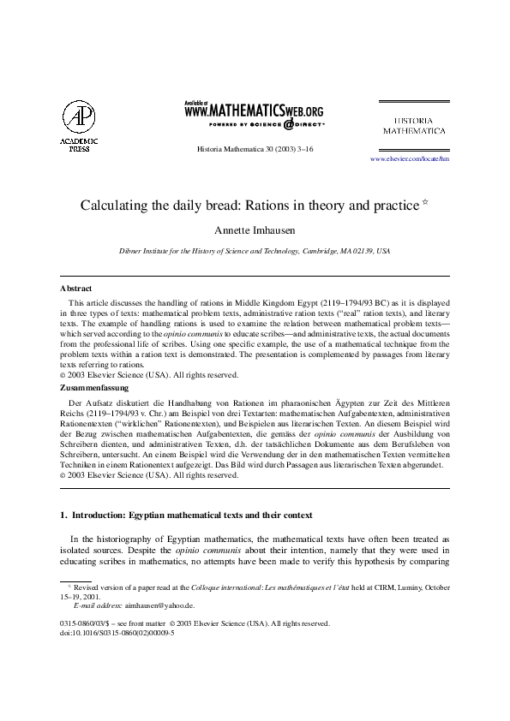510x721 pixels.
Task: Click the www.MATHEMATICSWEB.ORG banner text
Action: (x=254, y=110)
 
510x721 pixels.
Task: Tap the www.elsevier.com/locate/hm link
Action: (x=409, y=159)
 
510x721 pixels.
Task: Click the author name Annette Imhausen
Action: (x=254, y=232)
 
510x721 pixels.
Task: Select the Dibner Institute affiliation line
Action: (x=254, y=252)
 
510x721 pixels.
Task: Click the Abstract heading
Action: (x=76, y=289)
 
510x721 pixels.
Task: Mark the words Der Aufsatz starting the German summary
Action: (x=87, y=401)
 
